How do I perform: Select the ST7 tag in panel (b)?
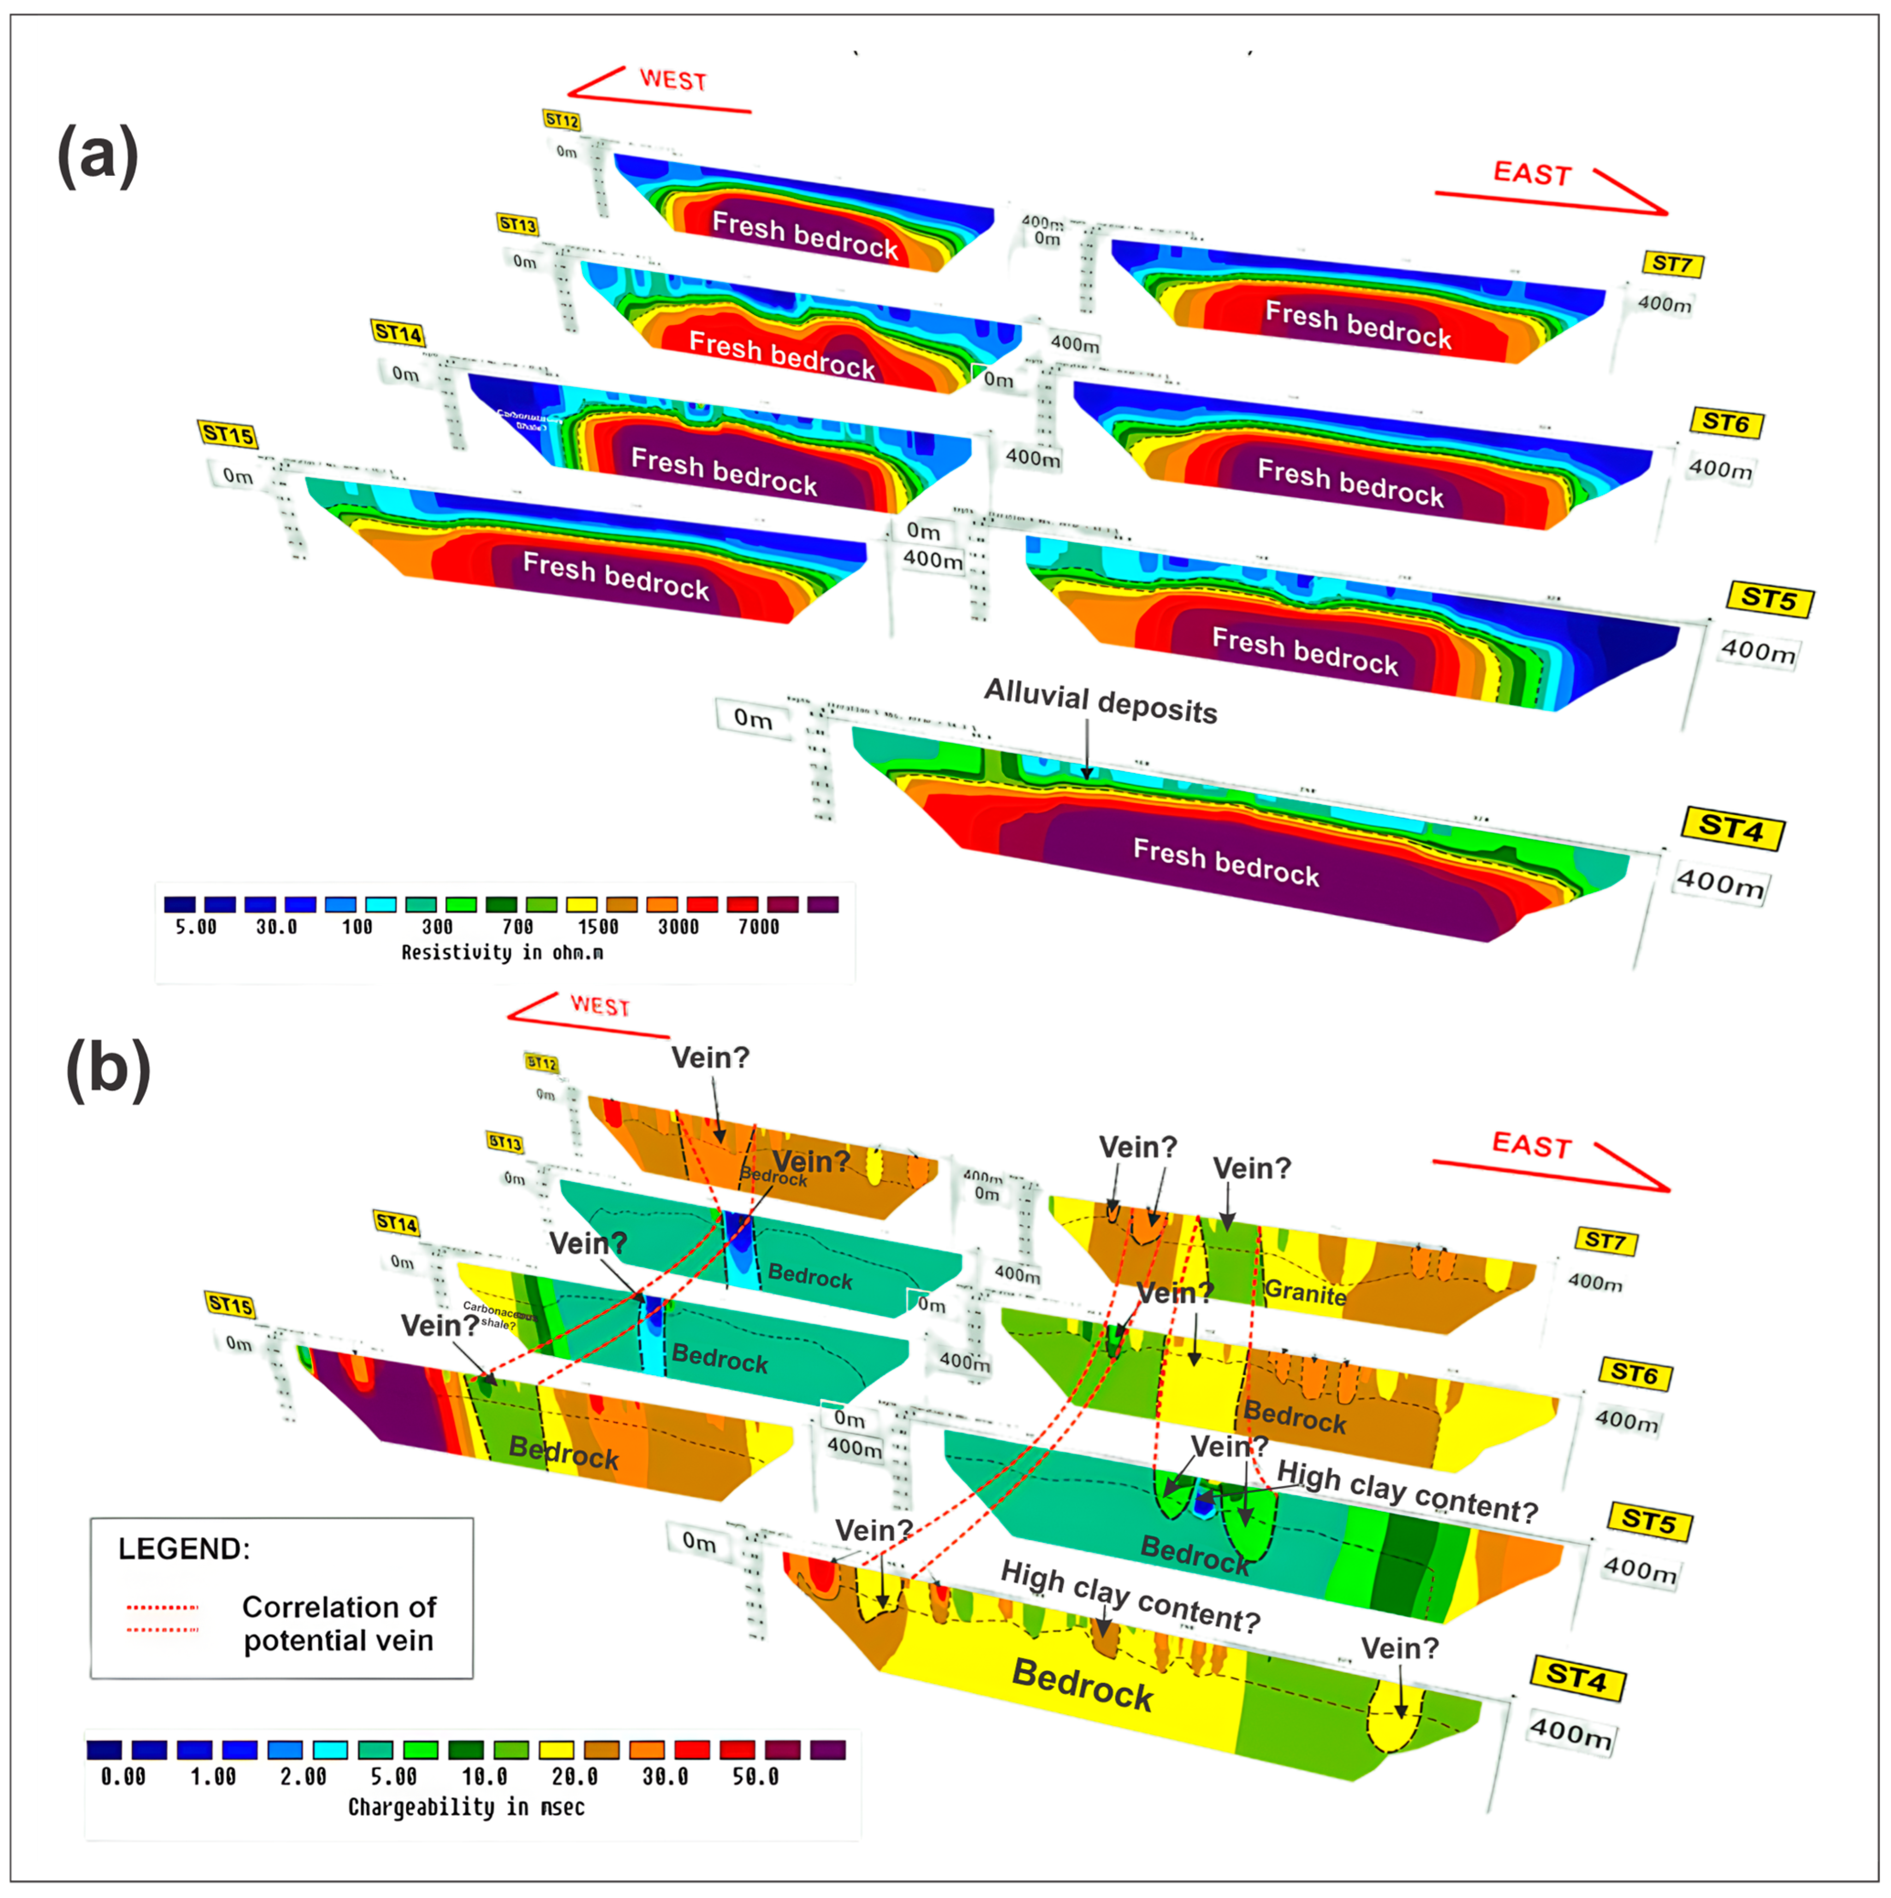pyautogui.click(x=1605, y=1241)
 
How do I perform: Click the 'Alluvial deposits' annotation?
pyautogui.click(x=1100, y=702)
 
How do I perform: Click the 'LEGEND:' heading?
pyautogui.click(x=184, y=1549)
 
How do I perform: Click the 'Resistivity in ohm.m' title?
pyautogui.click(x=502, y=952)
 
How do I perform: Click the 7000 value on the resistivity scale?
pyautogui.click(x=758, y=927)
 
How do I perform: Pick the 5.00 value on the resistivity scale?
pyautogui.click(x=196, y=927)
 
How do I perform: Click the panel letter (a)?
pyautogui.click(x=98, y=155)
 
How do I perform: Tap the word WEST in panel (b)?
pyautogui.click(x=599, y=1006)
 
